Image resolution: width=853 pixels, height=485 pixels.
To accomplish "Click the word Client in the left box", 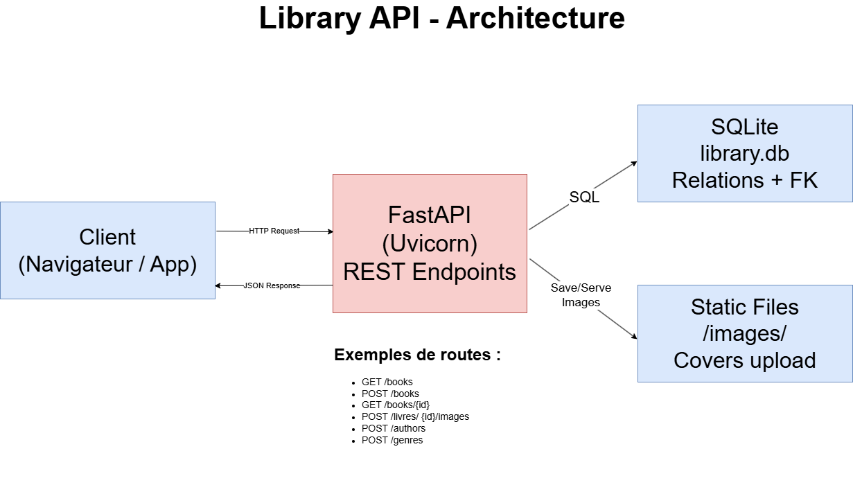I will [x=107, y=237].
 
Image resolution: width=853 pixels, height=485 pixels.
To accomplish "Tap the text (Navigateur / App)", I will [x=107, y=264].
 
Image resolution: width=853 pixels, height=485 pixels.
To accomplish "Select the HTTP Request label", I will [x=274, y=231].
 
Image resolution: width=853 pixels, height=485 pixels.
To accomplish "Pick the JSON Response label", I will [x=272, y=285].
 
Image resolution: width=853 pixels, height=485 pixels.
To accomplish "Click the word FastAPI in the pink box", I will [x=430, y=215].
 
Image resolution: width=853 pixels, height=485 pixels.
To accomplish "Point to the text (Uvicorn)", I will [x=430, y=243].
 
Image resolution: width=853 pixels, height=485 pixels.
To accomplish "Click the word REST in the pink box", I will [x=374, y=272].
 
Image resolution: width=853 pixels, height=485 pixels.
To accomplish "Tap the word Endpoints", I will [x=464, y=272].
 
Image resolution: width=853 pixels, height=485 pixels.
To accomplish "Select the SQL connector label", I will [x=584, y=197].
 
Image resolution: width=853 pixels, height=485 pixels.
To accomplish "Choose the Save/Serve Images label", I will [x=581, y=295].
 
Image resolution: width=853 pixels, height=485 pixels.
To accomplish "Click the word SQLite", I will [x=744, y=127].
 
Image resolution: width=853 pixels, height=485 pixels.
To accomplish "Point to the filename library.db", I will [x=744, y=153].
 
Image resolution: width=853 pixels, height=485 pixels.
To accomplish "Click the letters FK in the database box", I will [x=804, y=180].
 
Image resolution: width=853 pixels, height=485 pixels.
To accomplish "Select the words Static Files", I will [x=744, y=307].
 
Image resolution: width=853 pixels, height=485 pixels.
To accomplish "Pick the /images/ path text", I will [x=744, y=333].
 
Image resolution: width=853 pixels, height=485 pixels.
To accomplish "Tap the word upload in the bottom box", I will [x=782, y=360].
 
